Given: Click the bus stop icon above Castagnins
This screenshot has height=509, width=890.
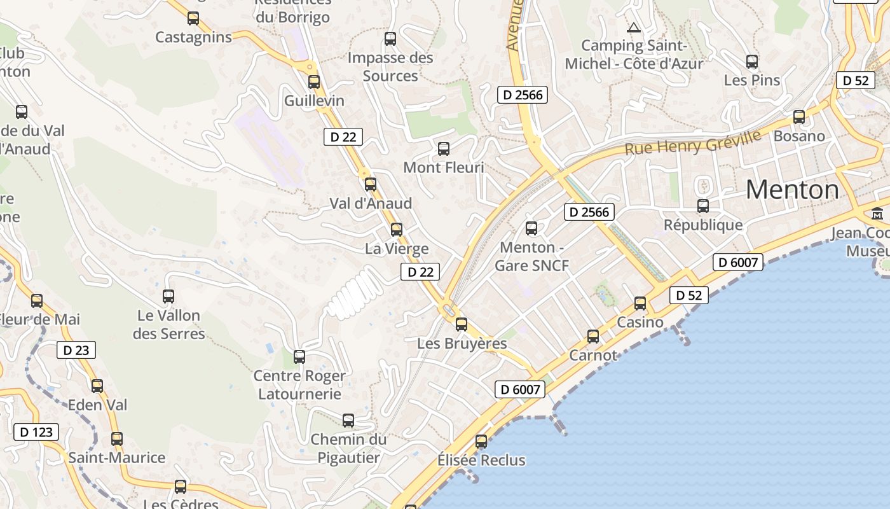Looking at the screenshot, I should point(193,18).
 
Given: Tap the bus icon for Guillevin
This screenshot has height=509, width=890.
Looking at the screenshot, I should point(314,81).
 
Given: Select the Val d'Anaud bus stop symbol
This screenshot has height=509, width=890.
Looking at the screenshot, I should point(371,185).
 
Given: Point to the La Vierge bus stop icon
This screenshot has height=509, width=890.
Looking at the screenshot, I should point(397,229).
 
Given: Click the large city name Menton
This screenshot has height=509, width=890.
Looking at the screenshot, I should point(792,190).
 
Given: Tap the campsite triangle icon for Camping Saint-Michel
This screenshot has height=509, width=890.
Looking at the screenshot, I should point(633,27).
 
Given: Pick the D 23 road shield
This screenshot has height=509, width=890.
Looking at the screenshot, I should point(76,350).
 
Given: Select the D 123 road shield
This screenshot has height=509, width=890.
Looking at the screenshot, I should point(36,432).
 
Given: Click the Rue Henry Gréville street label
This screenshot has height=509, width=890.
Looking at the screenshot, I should point(693,142).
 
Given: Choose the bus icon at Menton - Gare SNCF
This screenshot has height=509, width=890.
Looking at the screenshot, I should point(531,228).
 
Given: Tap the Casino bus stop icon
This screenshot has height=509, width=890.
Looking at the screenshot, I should point(640,303).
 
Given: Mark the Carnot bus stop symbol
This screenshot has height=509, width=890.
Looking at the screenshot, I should point(593,336).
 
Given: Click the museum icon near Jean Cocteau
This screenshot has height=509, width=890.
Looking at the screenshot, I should point(878,213).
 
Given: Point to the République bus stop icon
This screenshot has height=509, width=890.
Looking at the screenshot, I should point(703,206).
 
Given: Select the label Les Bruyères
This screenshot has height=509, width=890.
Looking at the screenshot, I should point(462,344).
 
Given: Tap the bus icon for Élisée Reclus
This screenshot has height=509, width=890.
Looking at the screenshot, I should point(481,441).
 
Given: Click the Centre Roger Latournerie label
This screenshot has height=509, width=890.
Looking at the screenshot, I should point(299,385).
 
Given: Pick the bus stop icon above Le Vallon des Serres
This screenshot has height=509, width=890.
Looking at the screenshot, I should point(168,296).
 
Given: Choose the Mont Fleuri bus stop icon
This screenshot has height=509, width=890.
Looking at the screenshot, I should point(444,149).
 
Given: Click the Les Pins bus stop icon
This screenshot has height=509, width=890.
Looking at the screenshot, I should point(752,62).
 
